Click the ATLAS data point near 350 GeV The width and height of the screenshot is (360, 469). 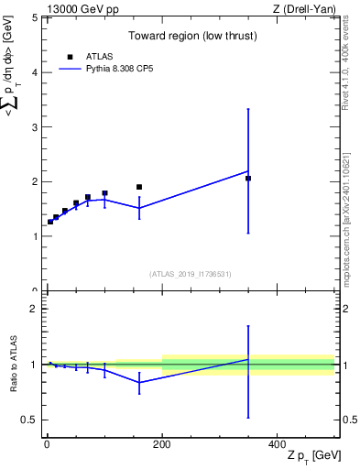point(248,179)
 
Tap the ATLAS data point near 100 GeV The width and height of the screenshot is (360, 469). point(104,193)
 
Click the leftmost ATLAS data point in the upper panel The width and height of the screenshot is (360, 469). point(50,222)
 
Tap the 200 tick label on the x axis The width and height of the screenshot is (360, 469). point(162,443)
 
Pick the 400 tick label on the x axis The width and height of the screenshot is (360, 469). point(278,443)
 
